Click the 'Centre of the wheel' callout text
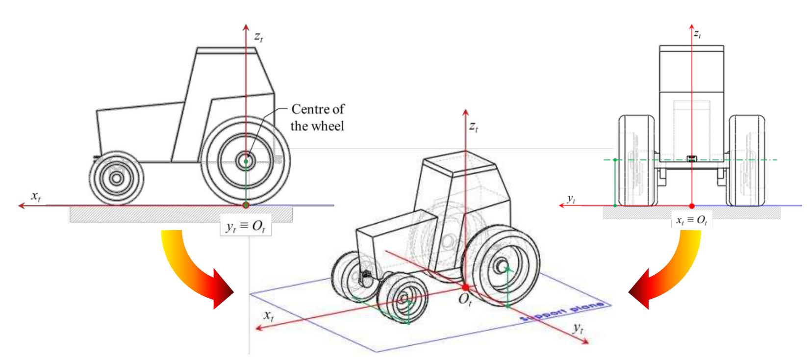pyautogui.click(x=317, y=118)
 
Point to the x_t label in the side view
pyautogui.click(x=36, y=196)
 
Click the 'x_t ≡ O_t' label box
pyautogui.click(x=691, y=220)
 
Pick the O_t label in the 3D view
pyautogui.click(x=465, y=300)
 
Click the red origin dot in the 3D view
pyautogui.click(x=465, y=287)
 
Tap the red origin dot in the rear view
pyautogui.click(x=692, y=206)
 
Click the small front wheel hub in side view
pyautogui.click(x=116, y=178)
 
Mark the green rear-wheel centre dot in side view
pyautogui.click(x=246, y=161)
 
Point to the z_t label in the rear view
pyautogui.click(x=698, y=34)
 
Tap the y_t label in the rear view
pyautogui.click(x=571, y=199)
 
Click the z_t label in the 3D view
pyautogui.click(x=474, y=127)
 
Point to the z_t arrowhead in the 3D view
pyautogui.click(x=465, y=112)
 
